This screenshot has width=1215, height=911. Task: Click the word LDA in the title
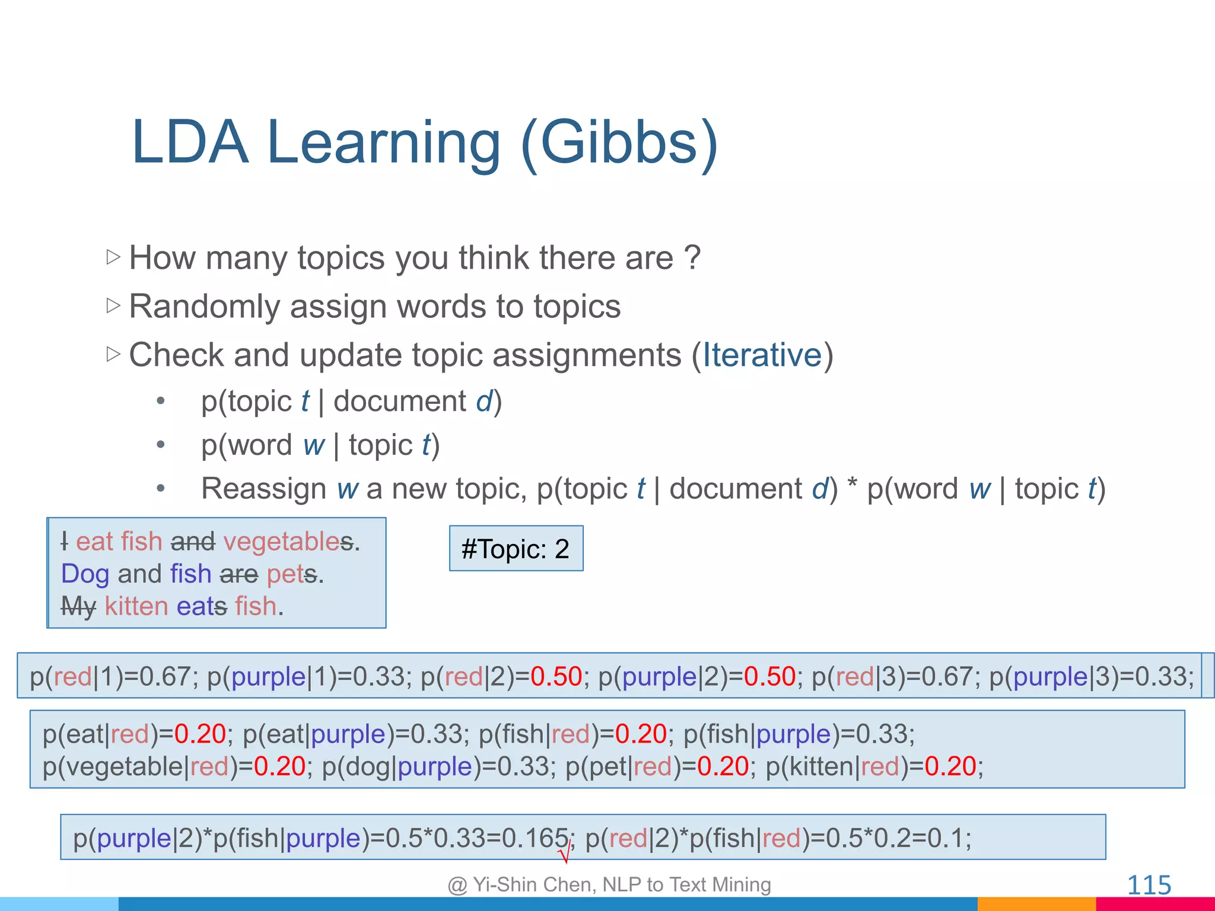tap(190, 143)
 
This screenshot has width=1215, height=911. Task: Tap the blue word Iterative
tap(762, 355)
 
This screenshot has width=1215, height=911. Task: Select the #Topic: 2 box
tap(516, 549)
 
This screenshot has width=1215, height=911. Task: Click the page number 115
tap(1149, 885)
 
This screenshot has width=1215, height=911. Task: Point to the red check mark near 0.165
tap(564, 855)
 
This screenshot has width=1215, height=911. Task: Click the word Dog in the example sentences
tap(85, 574)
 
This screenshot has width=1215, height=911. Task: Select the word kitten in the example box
tap(136, 606)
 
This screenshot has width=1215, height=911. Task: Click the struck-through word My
tap(78, 606)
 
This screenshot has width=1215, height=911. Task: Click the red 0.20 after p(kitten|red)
tap(950, 766)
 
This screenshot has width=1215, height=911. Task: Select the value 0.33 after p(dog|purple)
tap(523, 766)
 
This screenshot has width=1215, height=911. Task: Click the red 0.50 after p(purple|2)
tap(769, 677)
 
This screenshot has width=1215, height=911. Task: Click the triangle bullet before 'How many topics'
tap(113, 257)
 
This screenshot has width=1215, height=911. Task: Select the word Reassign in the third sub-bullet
tap(263, 489)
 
